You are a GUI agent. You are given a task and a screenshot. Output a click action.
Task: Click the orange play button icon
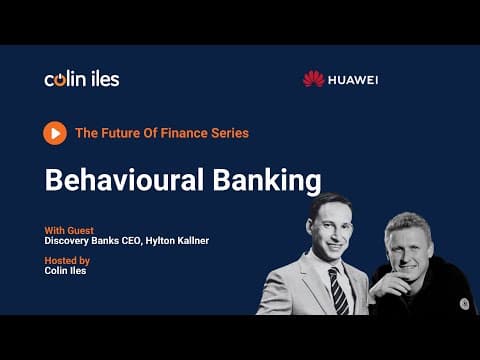55,133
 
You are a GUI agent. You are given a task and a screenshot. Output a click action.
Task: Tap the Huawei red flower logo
313,79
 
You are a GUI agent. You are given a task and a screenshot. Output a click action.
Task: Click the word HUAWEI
353,80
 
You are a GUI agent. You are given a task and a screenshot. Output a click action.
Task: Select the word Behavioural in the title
124,180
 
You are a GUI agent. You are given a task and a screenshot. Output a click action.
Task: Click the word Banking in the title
267,181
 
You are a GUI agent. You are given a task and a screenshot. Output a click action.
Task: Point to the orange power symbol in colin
60,80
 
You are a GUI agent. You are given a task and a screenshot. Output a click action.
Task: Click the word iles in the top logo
105,79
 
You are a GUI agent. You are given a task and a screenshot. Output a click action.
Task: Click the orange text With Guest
69,230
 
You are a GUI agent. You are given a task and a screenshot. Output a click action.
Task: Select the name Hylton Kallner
177,241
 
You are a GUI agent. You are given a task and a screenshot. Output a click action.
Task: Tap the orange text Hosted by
67,261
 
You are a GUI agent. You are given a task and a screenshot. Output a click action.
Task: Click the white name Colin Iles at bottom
65,270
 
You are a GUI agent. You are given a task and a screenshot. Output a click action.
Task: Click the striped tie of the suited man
338,291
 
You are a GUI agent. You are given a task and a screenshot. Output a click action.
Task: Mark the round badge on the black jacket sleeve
464,304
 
